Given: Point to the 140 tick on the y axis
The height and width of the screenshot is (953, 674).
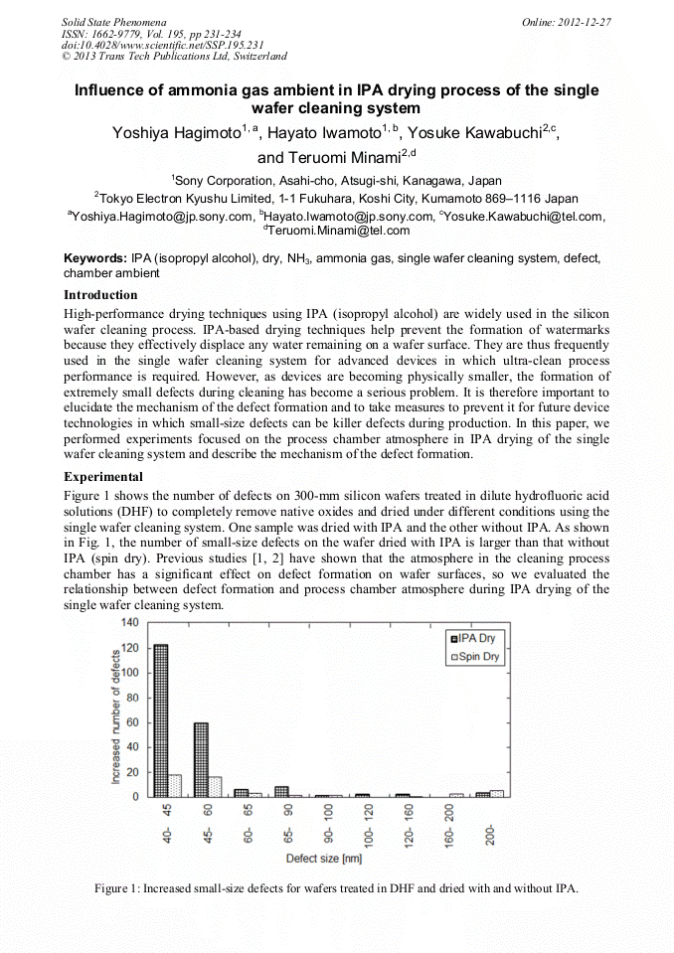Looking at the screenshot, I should pyautogui.click(x=129, y=623).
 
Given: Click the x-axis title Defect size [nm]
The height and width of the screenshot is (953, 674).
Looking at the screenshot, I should pyautogui.click(x=324, y=858).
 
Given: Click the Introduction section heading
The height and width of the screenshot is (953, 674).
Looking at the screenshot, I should pyautogui.click(x=100, y=295).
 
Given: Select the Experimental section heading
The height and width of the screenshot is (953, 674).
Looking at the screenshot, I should pyautogui.click(x=103, y=477).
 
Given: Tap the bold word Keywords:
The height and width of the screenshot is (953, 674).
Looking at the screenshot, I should pyautogui.click(x=94, y=258).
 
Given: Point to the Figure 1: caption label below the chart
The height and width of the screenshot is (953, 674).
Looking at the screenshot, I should pyautogui.click(x=117, y=887).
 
